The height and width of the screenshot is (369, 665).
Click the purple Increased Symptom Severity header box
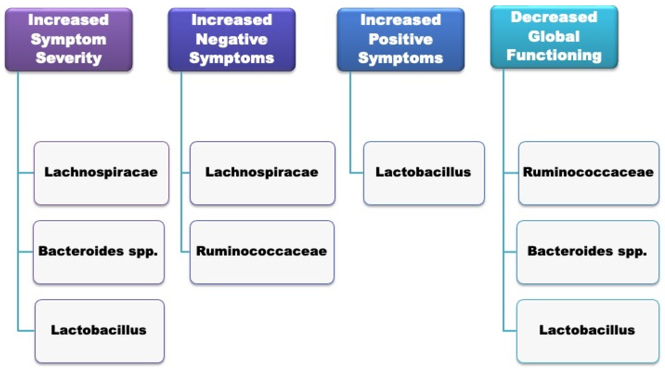[x=69, y=40]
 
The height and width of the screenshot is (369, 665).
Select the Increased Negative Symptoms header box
[x=232, y=40]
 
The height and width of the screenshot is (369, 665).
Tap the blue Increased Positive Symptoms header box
[x=401, y=40]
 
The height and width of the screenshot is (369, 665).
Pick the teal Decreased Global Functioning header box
[x=554, y=37]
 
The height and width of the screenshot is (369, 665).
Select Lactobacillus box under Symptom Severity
[x=99, y=331]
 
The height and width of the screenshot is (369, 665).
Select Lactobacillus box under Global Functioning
[x=587, y=331]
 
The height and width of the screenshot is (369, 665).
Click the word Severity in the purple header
[x=69, y=58]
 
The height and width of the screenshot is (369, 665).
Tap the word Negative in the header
[x=232, y=39]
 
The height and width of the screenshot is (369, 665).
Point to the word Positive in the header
[x=401, y=39]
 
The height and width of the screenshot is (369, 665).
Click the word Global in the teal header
[x=554, y=36]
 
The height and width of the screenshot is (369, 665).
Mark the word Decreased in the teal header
[x=554, y=17]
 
